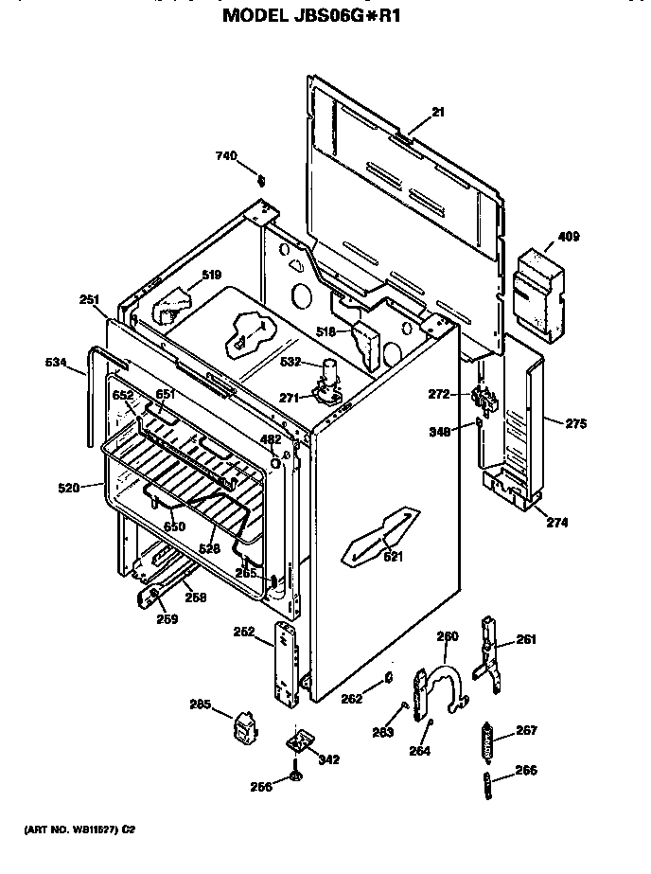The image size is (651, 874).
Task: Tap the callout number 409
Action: coord(568,237)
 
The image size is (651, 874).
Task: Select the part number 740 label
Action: coord(225,155)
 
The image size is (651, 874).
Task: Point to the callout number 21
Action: coord(437,113)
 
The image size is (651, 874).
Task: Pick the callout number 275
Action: coord(576,425)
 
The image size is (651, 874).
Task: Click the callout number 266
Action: coord(526,771)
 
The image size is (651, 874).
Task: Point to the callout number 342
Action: coord(328,759)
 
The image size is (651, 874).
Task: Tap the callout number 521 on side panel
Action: coord(393,557)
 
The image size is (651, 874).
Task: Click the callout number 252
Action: coord(242,632)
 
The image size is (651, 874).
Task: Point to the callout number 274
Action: coord(556,522)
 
